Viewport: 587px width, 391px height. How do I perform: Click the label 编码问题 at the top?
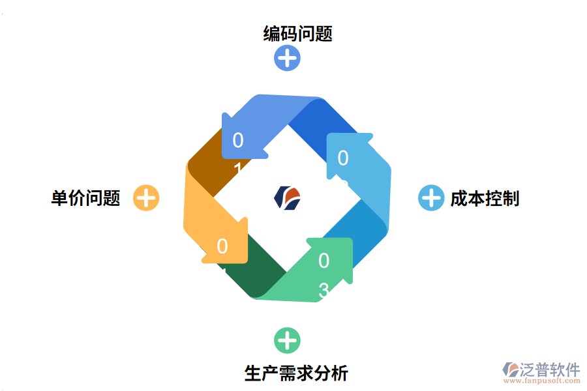pos(297,33)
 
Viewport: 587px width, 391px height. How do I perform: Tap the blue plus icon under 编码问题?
pos(286,58)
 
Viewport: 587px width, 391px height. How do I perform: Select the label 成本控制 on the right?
pos(484,198)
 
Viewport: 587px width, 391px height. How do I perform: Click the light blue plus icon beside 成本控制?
pos(430,198)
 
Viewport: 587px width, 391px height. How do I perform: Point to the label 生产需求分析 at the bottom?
pos(296,373)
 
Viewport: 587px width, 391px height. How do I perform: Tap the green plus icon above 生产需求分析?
pos(286,340)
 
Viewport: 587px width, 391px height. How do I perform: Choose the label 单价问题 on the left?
pos(85,198)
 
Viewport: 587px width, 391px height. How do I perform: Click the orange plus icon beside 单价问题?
pos(146,198)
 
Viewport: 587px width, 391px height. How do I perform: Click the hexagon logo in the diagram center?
pos(287,197)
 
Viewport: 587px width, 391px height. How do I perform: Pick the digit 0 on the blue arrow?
pos(237,140)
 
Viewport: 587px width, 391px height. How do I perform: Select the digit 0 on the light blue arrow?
pos(342,158)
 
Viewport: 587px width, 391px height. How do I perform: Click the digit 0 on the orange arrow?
pos(222,246)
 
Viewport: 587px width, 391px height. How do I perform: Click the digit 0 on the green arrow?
pos(324,261)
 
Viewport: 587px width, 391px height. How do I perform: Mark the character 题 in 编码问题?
pos(324,33)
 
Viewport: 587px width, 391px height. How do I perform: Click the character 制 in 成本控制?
pos(511,198)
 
